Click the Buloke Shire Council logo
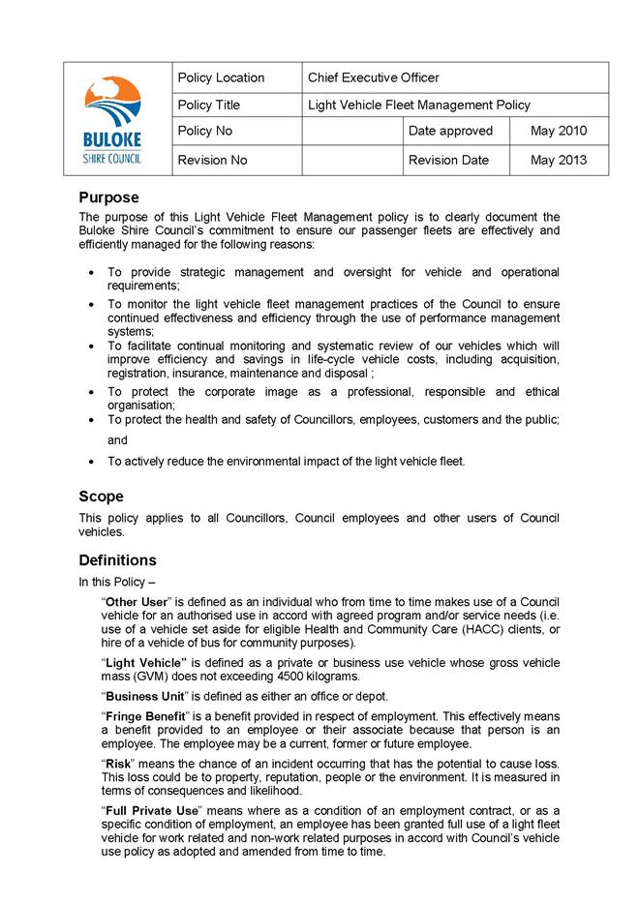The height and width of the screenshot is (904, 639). click(x=112, y=119)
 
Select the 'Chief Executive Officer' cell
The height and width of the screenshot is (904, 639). click(x=373, y=77)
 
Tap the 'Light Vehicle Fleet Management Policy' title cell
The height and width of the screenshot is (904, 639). click(x=418, y=105)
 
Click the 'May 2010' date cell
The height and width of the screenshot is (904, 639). click(x=558, y=131)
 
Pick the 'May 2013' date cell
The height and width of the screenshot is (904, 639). click(x=558, y=160)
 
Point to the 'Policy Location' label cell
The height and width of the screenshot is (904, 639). click(x=222, y=77)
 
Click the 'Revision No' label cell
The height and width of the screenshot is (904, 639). click(x=212, y=160)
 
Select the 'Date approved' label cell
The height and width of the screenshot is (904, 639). click(x=450, y=131)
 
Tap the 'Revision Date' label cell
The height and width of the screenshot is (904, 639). click(x=448, y=160)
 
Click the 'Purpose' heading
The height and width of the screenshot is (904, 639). click(x=108, y=197)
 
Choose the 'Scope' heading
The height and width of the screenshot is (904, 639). click(x=103, y=497)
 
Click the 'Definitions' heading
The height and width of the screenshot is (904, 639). click(x=117, y=560)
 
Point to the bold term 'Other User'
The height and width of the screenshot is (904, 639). click(x=137, y=602)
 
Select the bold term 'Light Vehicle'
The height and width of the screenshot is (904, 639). click(x=144, y=662)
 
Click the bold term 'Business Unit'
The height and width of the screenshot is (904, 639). click(x=146, y=696)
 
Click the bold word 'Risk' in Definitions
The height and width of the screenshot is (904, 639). click(x=119, y=763)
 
